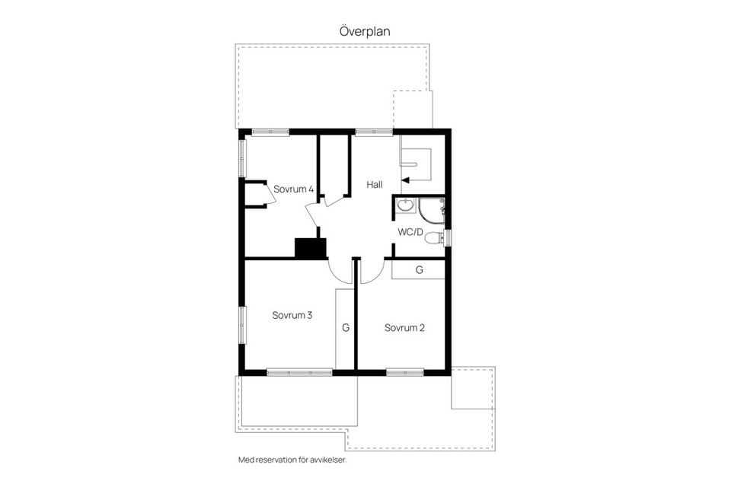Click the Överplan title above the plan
[x=365, y=31]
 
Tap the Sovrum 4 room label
[x=294, y=189]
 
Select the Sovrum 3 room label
[x=292, y=314]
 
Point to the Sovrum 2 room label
[x=404, y=328]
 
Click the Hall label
[x=375, y=184]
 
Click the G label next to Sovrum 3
[x=345, y=328]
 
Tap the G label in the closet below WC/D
[x=419, y=270]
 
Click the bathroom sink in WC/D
[x=405, y=205]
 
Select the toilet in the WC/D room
[x=434, y=238]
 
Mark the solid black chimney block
[x=311, y=248]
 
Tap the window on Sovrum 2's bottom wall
[x=405, y=372]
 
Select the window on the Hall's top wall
[x=374, y=132]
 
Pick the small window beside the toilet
[x=448, y=237]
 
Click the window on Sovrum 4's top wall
[x=271, y=132]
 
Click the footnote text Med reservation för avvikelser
[x=297, y=460]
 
